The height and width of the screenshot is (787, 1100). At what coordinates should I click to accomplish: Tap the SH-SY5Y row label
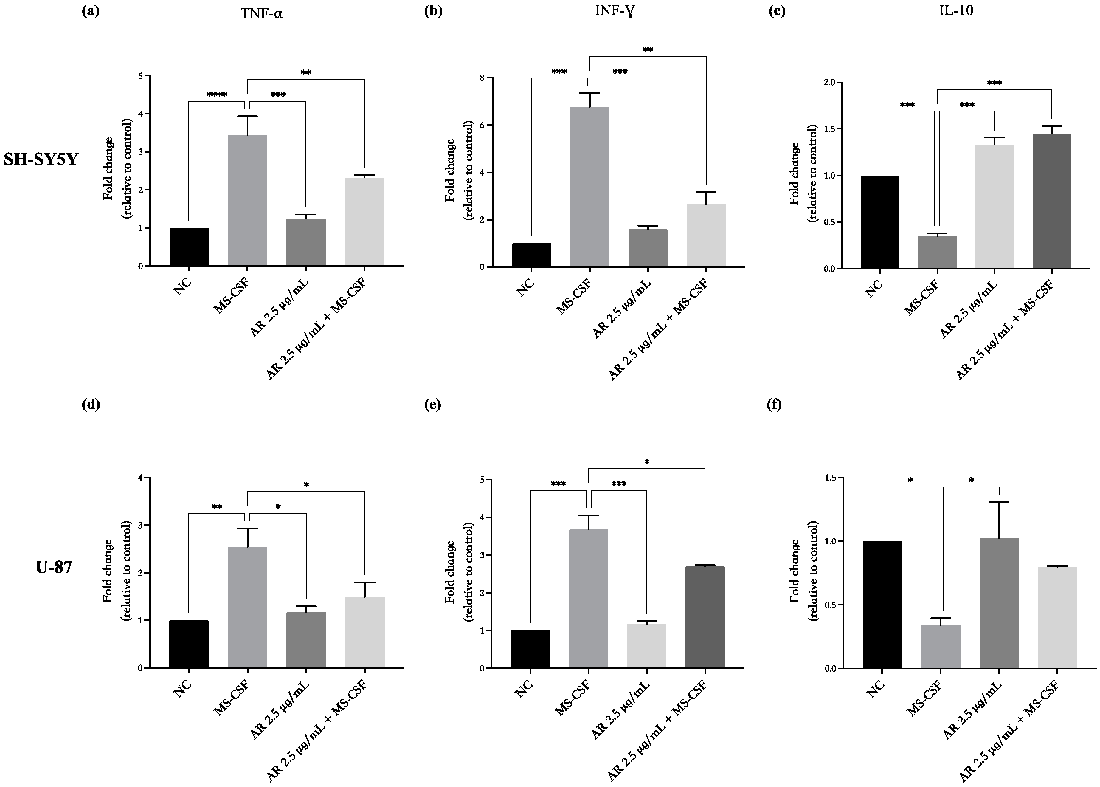coord(41,159)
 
